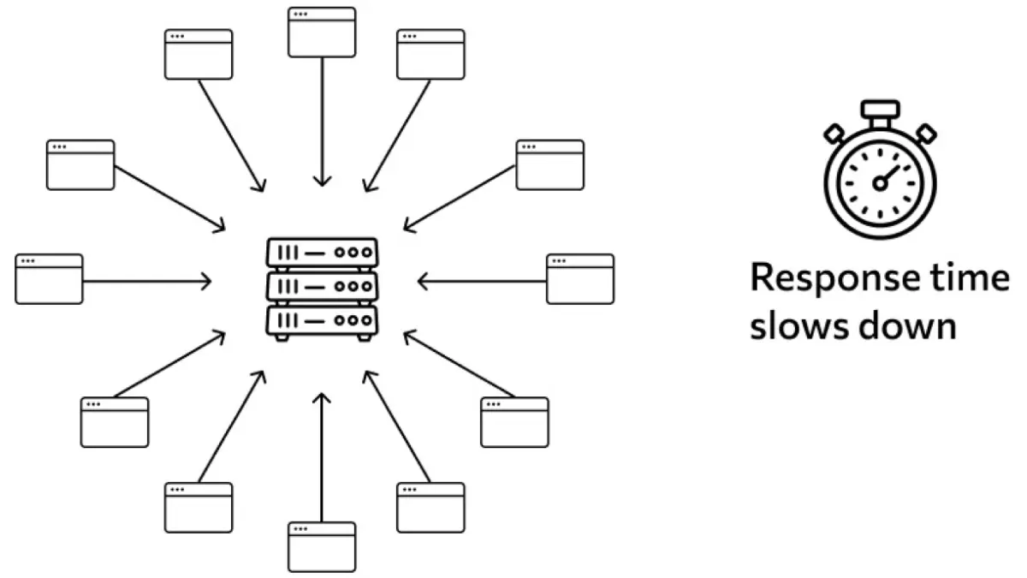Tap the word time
point(977,278)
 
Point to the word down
point(906,327)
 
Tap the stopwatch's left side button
point(834,133)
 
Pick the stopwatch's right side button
point(924,133)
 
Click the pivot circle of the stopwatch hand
point(879,182)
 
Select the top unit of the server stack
point(322,253)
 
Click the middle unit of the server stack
point(322,286)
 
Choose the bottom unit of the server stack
point(322,319)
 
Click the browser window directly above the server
point(322,33)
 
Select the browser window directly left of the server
point(49,279)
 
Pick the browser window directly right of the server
point(580,279)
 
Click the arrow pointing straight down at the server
point(322,120)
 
